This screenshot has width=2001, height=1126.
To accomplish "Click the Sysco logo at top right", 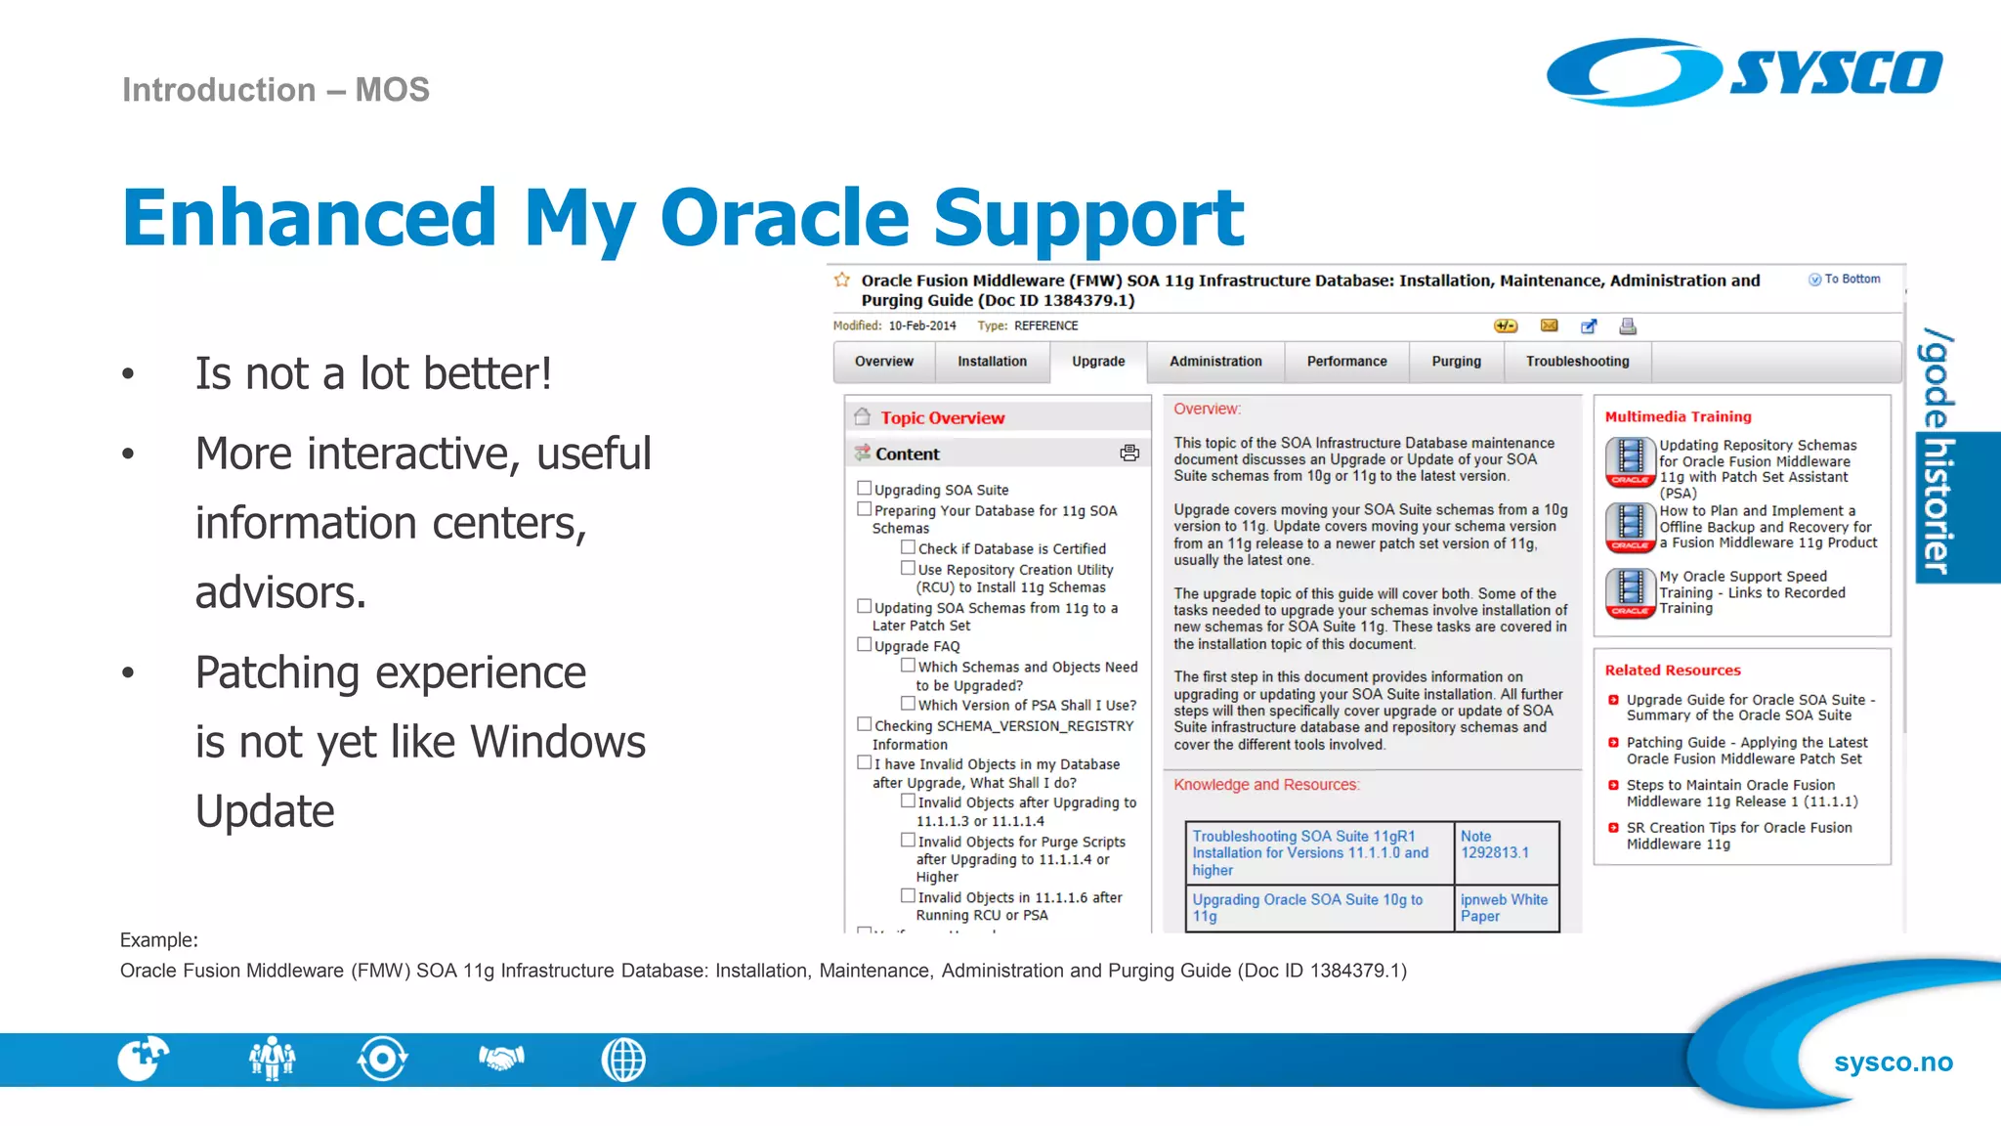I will tap(1744, 71).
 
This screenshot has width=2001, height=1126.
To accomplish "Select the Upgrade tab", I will tap(1097, 362).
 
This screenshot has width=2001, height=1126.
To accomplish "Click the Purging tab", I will tap(1456, 362).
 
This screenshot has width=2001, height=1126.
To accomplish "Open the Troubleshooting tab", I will tap(1577, 362).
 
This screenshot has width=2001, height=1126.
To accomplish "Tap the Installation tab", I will tap(992, 362).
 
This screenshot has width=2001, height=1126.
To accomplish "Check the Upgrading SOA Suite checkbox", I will tap(864, 488).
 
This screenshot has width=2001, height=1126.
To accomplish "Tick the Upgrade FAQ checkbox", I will tap(864, 644).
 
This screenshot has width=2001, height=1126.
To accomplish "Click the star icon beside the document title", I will tap(842, 281).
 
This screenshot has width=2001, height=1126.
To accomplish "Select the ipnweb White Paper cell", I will tap(1504, 907).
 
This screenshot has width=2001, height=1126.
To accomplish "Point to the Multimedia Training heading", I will tap(1678, 416).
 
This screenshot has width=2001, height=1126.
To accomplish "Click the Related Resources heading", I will tap(1672, 671).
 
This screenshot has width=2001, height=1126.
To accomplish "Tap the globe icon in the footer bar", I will tap(623, 1060).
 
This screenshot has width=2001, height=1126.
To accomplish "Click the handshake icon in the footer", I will tap(501, 1059).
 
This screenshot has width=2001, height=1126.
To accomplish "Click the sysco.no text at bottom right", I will tap(1893, 1062).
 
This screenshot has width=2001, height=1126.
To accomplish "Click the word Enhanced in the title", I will tap(310, 218).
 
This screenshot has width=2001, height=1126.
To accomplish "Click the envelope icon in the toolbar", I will tap(1549, 325).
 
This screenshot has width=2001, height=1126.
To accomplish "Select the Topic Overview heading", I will tap(942, 418).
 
